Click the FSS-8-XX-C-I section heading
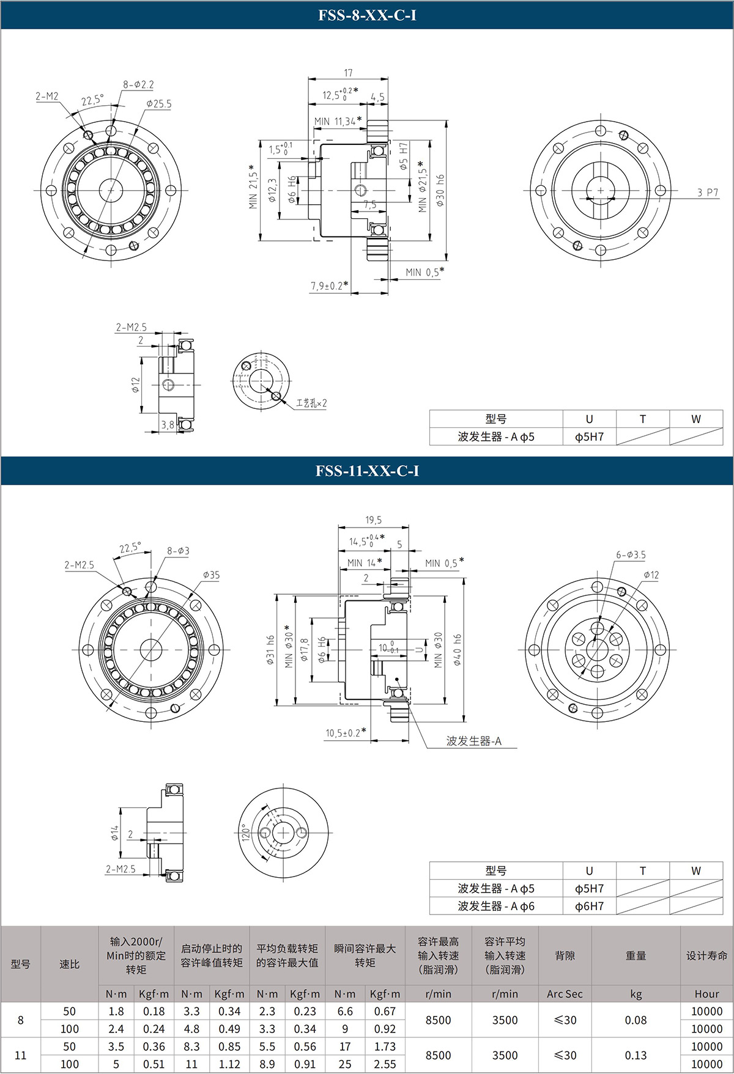pyautogui.click(x=367, y=15)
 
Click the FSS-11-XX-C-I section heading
pyautogui.click(x=367, y=471)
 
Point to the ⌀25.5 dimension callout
pyautogui.click(x=158, y=104)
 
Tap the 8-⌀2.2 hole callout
pyautogui.click(x=138, y=85)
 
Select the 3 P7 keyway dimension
pyautogui.click(x=708, y=193)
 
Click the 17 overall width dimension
pyautogui.click(x=348, y=73)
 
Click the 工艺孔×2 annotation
pyautogui.click(x=311, y=403)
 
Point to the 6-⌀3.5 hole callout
pyautogui.click(x=631, y=555)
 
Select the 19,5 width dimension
pyautogui.click(x=373, y=520)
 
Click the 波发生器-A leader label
pyautogui.click(x=473, y=741)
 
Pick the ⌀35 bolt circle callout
pyautogui.click(x=211, y=575)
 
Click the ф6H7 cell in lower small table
pyautogui.click(x=589, y=906)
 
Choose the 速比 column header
pyautogui.click(x=69, y=964)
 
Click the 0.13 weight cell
pyautogui.click(x=636, y=1055)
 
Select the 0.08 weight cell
pyautogui.click(x=636, y=1020)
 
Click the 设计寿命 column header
pyautogui.click(x=706, y=955)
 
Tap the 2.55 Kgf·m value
pyautogui.click(x=385, y=1064)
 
